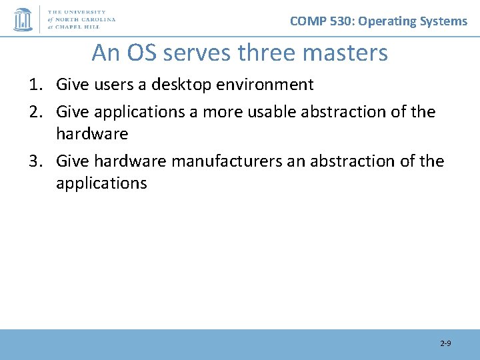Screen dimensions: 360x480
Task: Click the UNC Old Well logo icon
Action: [23, 19]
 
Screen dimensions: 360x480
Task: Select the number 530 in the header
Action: [341, 21]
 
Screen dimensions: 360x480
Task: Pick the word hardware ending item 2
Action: [92, 133]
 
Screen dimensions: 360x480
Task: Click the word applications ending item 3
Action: [101, 183]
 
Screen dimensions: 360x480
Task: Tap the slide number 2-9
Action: [445, 343]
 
